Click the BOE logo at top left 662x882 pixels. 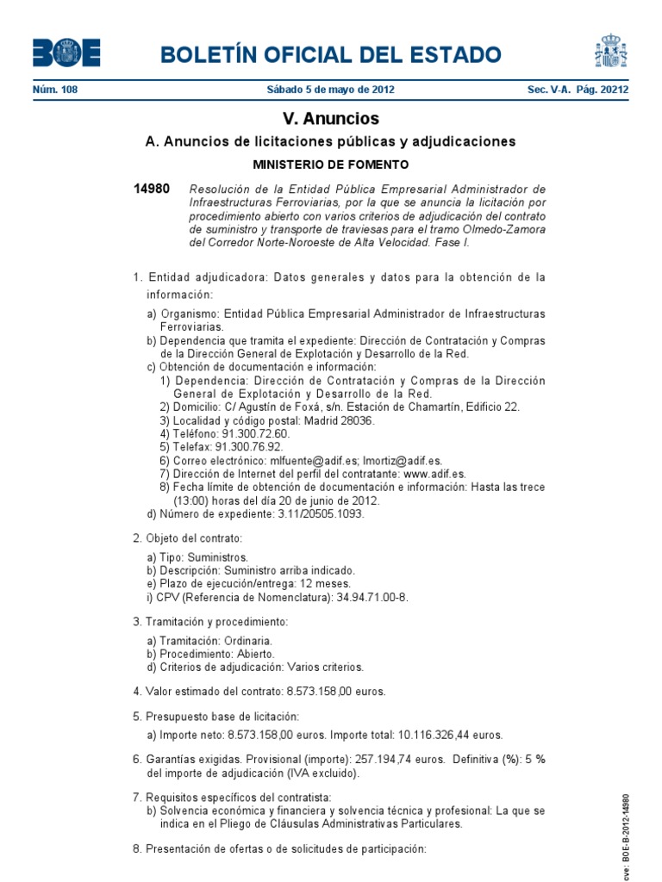[x=66, y=53]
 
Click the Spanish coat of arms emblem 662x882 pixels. [x=610, y=52]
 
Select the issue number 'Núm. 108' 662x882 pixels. [x=55, y=89]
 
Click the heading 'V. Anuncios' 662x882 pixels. [x=330, y=119]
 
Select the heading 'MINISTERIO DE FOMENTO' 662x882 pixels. [x=330, y=164]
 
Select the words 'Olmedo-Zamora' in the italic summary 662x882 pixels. [x=496, y=230]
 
